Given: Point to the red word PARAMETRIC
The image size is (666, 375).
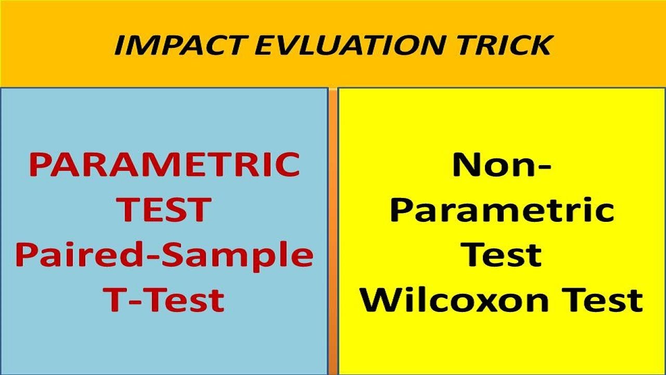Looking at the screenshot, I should coord(164,165).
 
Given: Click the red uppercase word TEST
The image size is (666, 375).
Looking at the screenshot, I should coord(164,209).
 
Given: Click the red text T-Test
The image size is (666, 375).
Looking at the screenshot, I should coord(164,299).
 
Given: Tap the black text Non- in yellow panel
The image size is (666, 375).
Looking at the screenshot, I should coord(502,165).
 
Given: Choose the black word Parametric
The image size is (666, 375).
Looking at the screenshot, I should coord(502,210).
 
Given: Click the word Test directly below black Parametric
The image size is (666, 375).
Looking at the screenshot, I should coord(502,255).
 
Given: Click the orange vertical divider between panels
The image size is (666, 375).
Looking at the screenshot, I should coord(333,229).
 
